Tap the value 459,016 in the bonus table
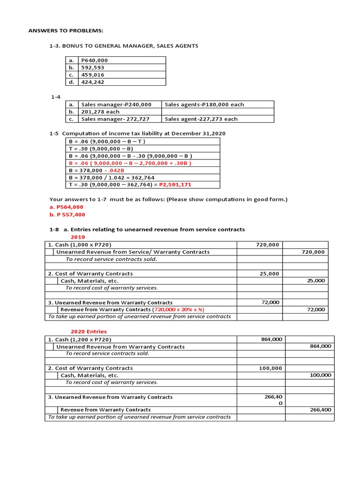pyautogui.click(x=92, y=75)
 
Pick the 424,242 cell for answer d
pyautogui.click(x=92, y=82)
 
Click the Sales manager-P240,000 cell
pyautogui.click(x=116, y=105)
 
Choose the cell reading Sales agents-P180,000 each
pyautogui.click(x=204, y=105)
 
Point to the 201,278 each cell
pyautogui.click(x=100, y=112)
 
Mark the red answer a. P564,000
pyautogui.click(x=66, y=207)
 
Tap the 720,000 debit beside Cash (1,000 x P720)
pyautogui.click(x=268, y=245)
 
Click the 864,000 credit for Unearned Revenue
pyautogui.click(x=320, y=346)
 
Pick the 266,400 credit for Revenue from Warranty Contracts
pyautogui.click(x=321, y=409)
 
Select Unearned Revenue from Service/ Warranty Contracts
pyautogui.click(x=133, y=252)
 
